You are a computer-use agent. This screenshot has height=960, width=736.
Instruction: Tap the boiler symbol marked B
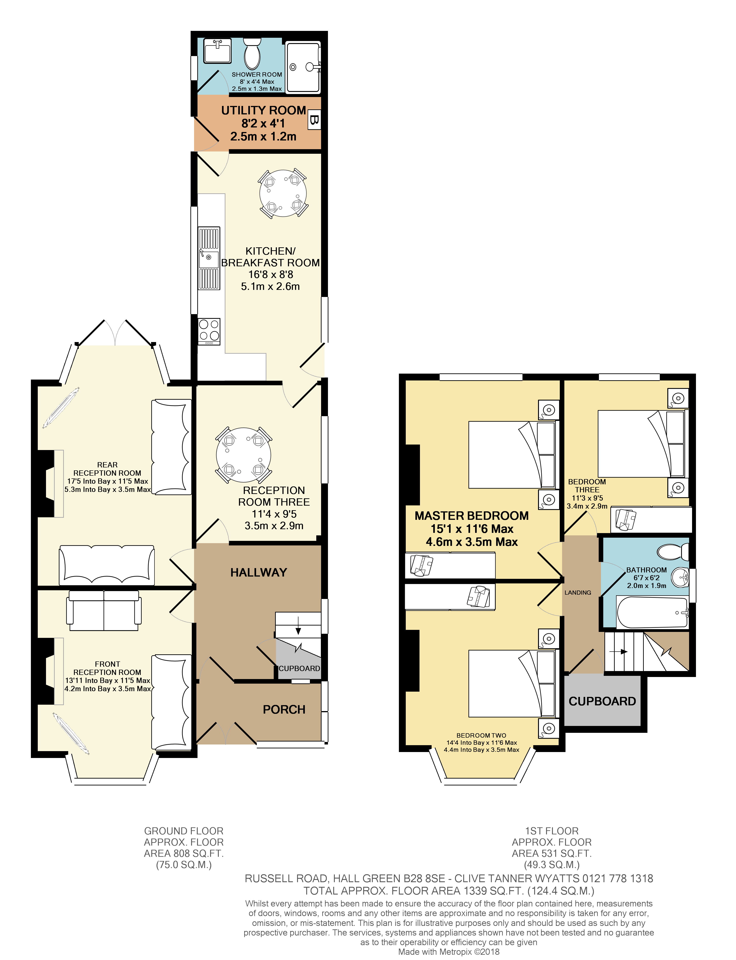click(x=314, y=120)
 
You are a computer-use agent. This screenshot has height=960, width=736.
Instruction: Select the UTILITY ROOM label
click(x=263, y=110)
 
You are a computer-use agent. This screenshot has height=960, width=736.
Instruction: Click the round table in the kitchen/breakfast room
click(x=283, y=193)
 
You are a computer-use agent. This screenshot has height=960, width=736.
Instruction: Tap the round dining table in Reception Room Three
click(x=244, y=456)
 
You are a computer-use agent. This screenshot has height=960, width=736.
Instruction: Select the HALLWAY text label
click(x=258, y=572)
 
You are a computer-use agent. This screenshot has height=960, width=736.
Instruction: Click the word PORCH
click(x=284, y=709)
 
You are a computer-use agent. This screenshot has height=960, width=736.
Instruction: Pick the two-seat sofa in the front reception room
click(x=104, y=610)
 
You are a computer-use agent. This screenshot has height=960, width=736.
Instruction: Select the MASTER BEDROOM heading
click(x=471, y=516)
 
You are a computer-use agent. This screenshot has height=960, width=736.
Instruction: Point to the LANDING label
click(x=577, y=593)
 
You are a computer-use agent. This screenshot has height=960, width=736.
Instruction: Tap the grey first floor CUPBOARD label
click(x=602, y=701)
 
